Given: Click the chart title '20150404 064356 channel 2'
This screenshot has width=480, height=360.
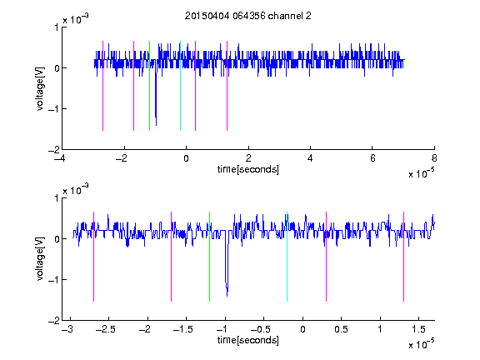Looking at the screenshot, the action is coord(248,16).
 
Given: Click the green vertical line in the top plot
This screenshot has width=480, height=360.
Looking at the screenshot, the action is coord(149,86).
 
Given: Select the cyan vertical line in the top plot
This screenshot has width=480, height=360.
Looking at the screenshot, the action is coord(180,86).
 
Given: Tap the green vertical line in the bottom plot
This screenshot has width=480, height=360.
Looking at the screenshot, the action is coord(209,257).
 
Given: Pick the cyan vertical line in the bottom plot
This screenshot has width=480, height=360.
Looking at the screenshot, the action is coord(287,257).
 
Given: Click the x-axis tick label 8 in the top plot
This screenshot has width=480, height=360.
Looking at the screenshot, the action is coord(434,158).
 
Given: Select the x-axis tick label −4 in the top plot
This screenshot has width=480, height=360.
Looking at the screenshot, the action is coord(60,158).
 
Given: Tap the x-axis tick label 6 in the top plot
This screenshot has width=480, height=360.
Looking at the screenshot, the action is coord(372,158).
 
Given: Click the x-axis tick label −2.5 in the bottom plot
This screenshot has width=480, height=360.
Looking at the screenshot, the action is coord(105,329).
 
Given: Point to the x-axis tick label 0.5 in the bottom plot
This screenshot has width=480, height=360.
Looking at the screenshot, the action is coord(341,329).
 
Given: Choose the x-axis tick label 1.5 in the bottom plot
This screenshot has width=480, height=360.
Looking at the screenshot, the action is coord(418,329).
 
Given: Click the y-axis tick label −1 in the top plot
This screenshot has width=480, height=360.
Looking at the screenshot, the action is coord(53,108).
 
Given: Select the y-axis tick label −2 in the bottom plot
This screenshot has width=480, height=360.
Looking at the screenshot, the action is coord(53,321).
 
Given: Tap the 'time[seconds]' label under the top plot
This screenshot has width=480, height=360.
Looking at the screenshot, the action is coord(248,169).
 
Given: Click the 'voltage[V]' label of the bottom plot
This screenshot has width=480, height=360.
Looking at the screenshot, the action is coord(40,259).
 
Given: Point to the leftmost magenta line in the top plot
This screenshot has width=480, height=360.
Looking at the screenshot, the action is coord(102,86).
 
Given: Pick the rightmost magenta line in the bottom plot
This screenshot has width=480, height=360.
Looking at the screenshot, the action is coord(403,257).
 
